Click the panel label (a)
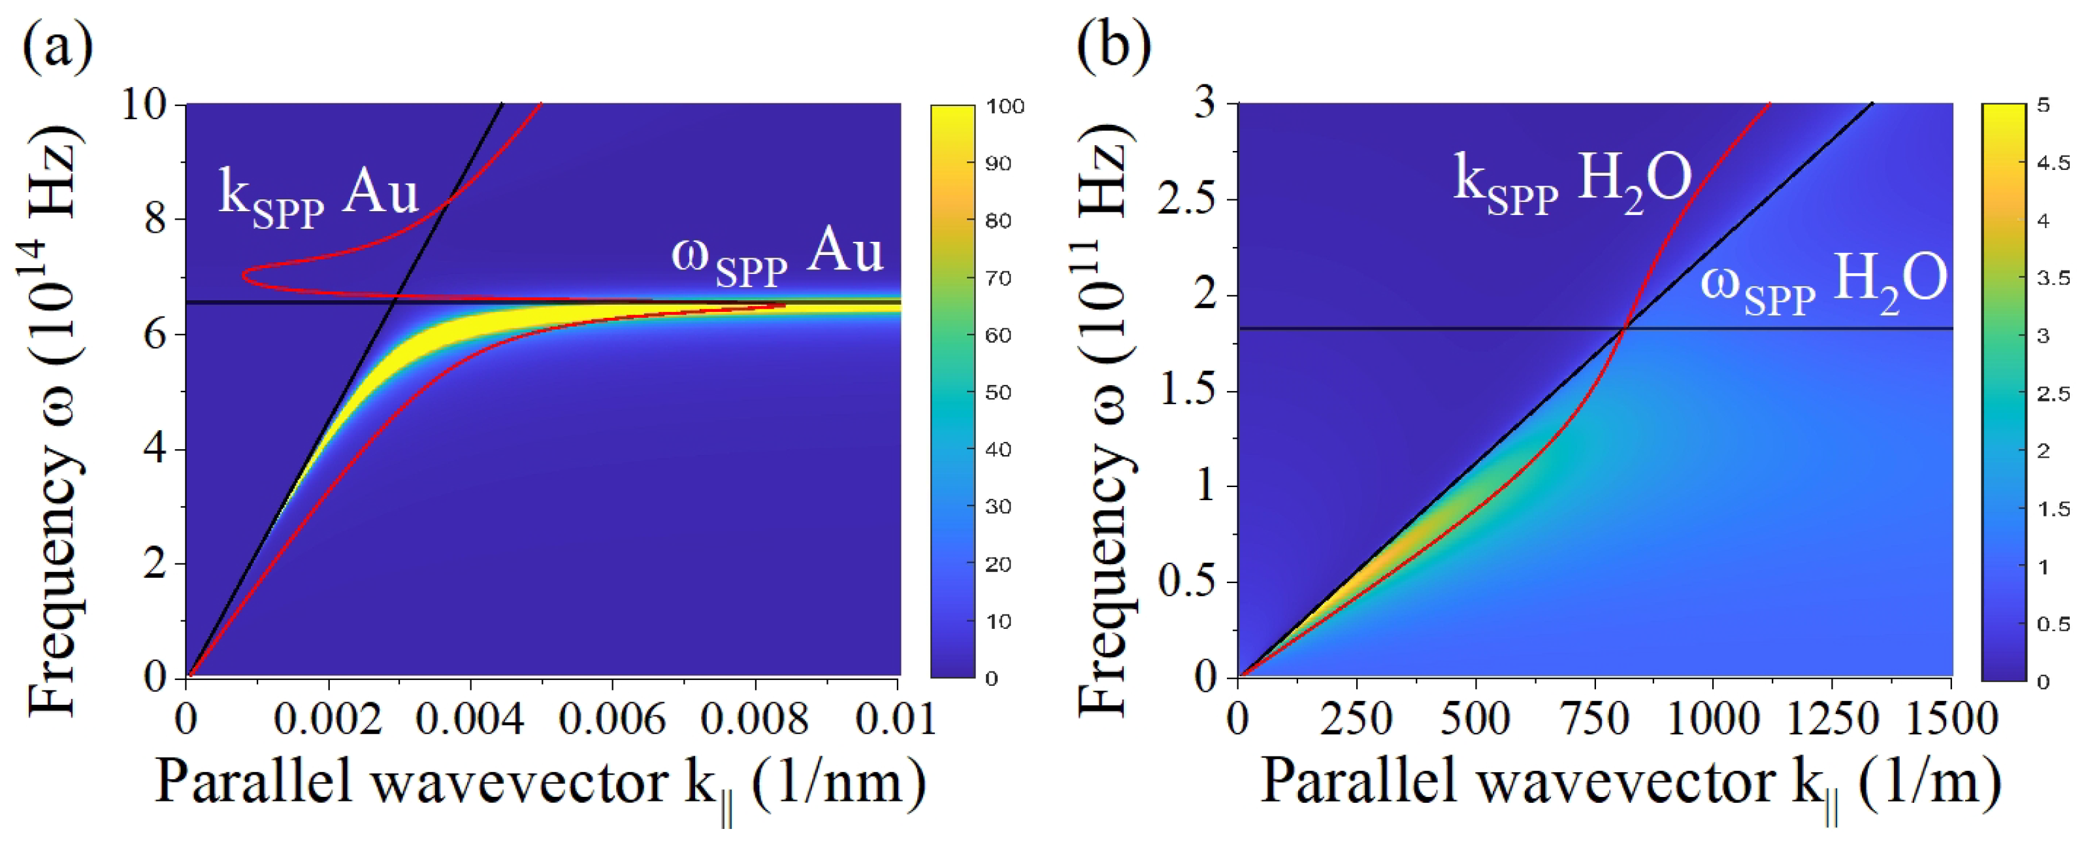point(57,47)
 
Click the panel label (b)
point(1113,47)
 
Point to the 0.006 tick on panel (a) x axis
point(613,718)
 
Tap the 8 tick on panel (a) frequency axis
point(156,219)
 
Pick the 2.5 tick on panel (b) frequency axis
point(1186,200)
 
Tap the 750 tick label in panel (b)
point(1595,718)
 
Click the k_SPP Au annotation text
point(318,199)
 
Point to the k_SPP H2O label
point(1571,184)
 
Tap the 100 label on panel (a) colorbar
point(1005,106)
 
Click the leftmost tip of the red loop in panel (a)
point(243,276)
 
